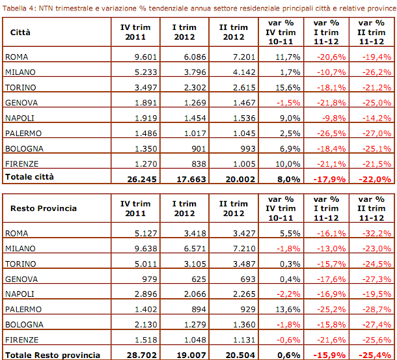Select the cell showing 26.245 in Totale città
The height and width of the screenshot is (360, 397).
click(140, 177)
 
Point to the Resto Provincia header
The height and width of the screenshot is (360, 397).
click(44, 208)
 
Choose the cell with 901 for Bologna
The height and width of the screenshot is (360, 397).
click(198, 148)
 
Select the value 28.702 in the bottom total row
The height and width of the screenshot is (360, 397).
click(140, 355)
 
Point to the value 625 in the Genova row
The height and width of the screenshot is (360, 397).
click(198, 279)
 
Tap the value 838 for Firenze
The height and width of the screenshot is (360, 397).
click(198, 163)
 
